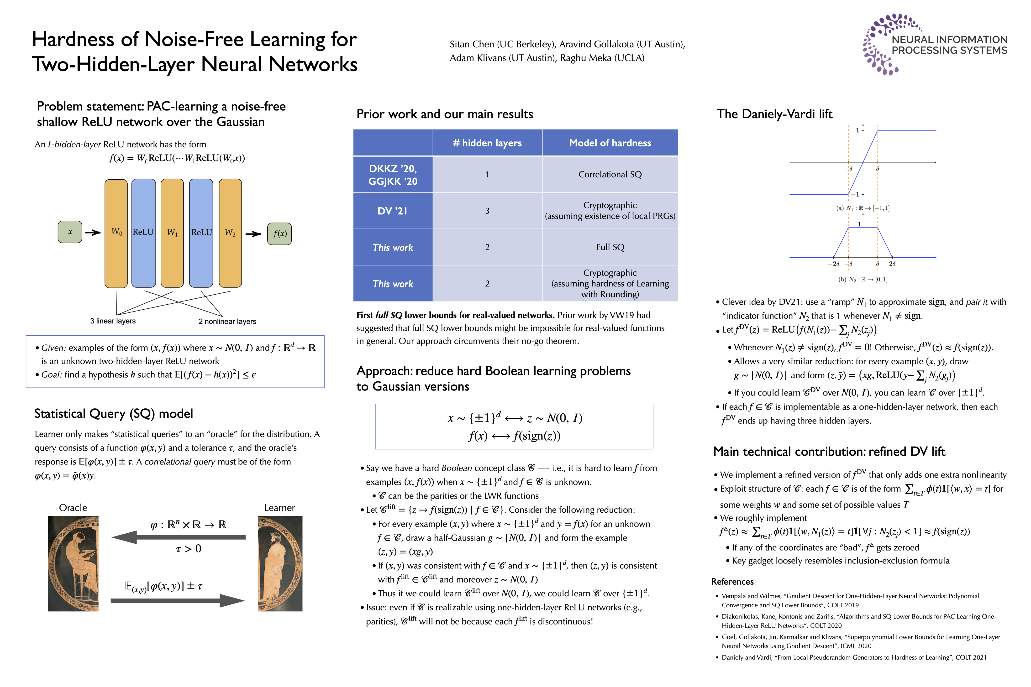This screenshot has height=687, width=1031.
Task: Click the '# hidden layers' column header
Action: (x=487, y=143)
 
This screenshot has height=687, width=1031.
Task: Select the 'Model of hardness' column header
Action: (x=610, y=143)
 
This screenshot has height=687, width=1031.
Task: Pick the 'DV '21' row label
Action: (x=393, y=211)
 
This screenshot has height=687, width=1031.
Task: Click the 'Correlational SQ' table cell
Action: (x=610, y=174)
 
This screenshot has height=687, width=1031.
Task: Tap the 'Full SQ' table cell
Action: (x=610, y=247)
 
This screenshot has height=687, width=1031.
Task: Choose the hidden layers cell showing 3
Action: (x=487, y=211)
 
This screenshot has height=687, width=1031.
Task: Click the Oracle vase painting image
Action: (x=73, y=563)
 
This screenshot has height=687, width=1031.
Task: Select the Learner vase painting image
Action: (x=280, y=563)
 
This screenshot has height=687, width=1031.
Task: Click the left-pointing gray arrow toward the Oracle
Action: (x=179, y=537)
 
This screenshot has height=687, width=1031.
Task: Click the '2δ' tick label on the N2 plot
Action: (x=892, y=264)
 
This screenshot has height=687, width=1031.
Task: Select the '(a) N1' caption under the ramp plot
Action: (x=862, y=208)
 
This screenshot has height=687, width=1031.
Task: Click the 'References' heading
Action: (x=732, y=581)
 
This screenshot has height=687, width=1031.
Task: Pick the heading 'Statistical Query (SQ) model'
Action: (x=114, y=414)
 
